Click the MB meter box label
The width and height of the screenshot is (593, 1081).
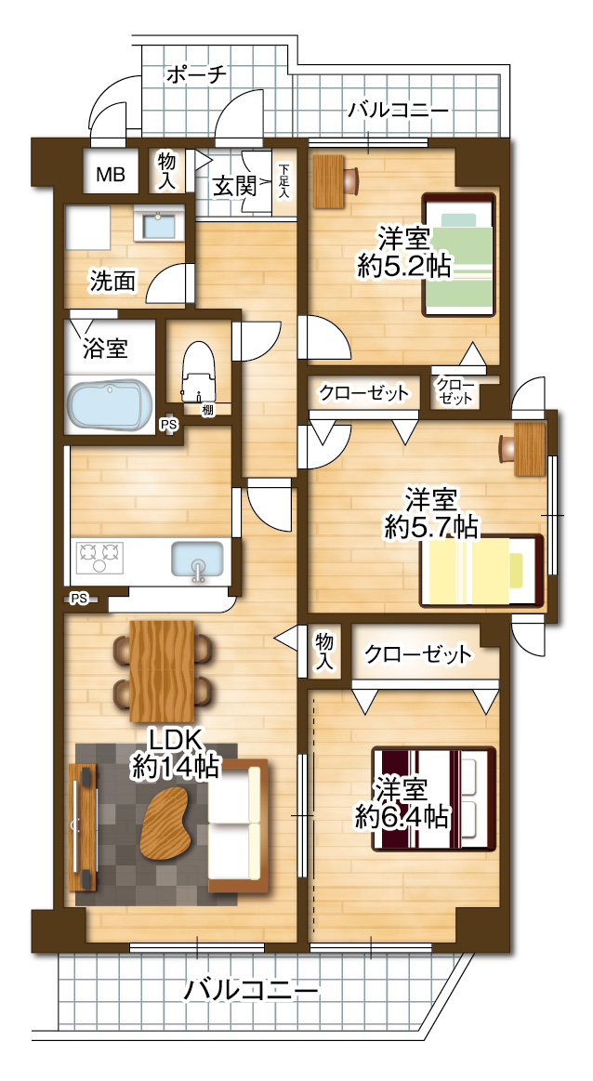pyautogui.click(x=111, y=174)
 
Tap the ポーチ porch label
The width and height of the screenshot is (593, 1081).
pyautogui.click(x=196, y=74)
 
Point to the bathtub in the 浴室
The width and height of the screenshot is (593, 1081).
pyautogui.click(x=110, y=405)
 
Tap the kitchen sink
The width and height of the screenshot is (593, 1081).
pyautogui.click(x=196, y=560)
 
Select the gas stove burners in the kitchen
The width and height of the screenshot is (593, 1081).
pyautogui.click(x=99, y=556)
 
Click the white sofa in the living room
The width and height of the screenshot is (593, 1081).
pyautogui.click(x=236, y=821)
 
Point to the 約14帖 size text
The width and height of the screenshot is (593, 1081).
pyautogui.click(x=176, y=767)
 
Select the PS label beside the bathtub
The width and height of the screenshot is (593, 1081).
pyautogui.click(x=168, y=425)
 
